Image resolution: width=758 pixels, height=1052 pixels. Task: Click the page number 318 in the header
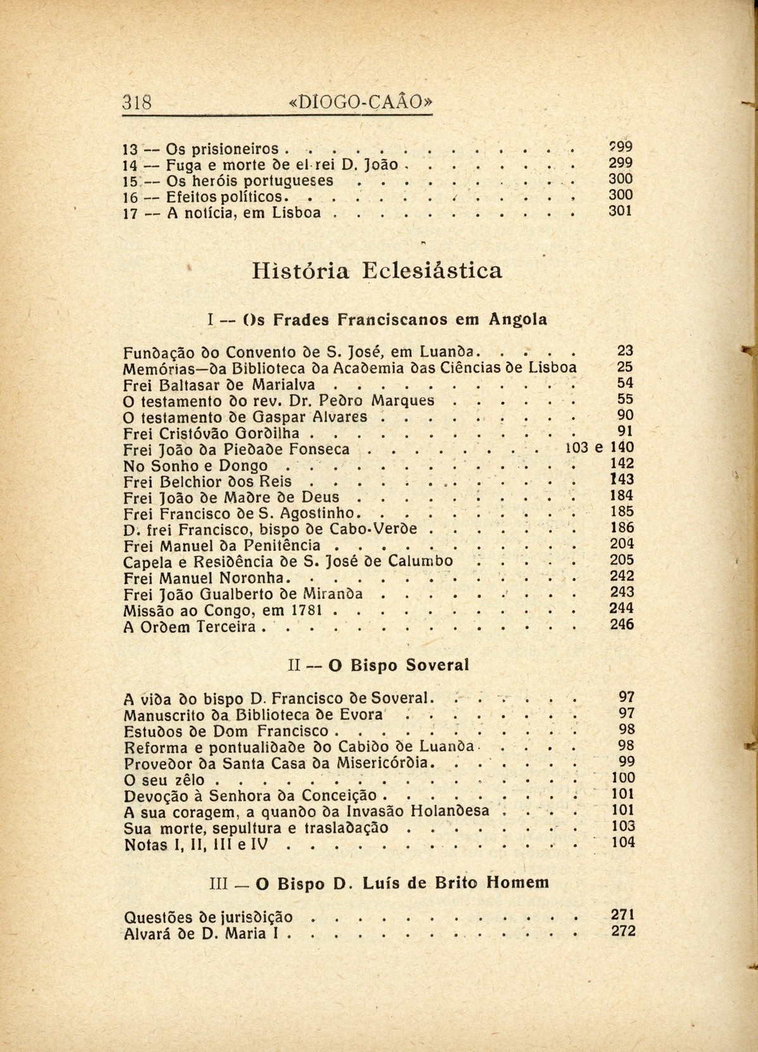[x=138, y=102]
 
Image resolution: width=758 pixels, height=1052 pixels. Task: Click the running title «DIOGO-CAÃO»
[x=361, y=102]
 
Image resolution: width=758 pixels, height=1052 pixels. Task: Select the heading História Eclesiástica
[x=377, y=271]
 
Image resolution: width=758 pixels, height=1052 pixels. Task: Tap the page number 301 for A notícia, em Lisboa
[x=620, y=212]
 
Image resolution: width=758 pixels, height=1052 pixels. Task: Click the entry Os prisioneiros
[x=222, y=150]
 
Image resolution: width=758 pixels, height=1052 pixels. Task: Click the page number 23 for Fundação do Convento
[x=625, y=351]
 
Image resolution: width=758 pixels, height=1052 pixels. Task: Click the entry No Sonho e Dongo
[x=196, y=466]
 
